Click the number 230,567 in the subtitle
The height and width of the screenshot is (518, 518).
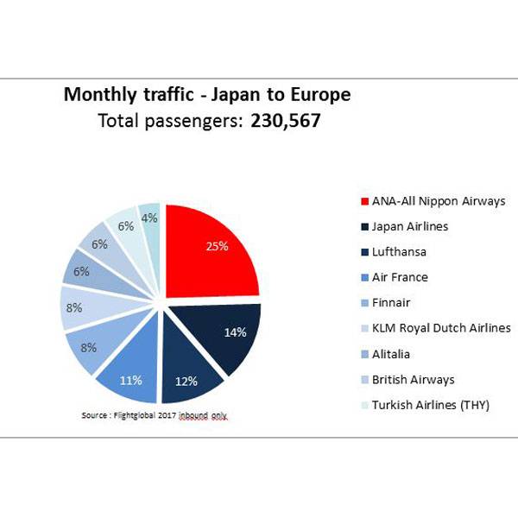click(x=286, y=122)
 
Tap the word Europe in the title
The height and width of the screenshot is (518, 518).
click(x=320, y=94)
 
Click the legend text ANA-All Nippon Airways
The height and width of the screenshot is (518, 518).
click(x=439, y=201)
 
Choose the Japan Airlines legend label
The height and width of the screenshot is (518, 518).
click(x=410, y=226)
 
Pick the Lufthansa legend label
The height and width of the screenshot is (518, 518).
click(x=401, y=251)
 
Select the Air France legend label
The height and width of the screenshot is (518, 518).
click(x=400, y=277)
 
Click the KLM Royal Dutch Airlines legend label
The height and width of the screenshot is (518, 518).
click(x=441, y=328)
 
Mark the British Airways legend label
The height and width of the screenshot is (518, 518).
click(x=413, y=379)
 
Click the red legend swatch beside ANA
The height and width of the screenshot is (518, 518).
click(x=362, y=201)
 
